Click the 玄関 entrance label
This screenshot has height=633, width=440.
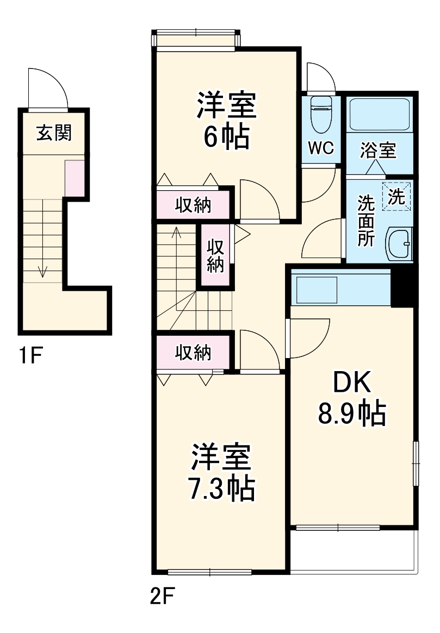point(54,133)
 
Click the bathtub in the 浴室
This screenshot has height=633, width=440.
point(379,115)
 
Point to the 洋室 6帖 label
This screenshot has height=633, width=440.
point(226,121)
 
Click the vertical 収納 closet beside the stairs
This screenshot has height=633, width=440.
point(215,255)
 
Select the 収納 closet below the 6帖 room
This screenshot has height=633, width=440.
point(193,204)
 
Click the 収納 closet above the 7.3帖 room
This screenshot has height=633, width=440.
point(193,353)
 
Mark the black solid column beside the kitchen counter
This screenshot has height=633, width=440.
point(402,286)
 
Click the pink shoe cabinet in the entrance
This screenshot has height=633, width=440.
point(74,178)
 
